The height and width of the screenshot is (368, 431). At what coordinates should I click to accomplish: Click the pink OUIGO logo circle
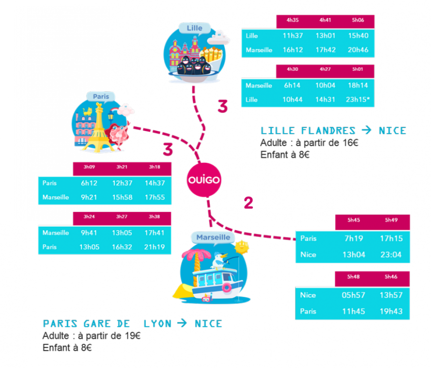(x=204, y=180)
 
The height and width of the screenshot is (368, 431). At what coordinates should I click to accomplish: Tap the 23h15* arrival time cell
(x=358, y=100)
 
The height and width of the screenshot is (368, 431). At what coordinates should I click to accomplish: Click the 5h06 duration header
(x=358, y=21)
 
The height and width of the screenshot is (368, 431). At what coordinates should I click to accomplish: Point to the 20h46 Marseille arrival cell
(x=358, y=50)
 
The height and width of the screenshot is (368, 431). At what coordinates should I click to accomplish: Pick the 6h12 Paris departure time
(x=89, y=183)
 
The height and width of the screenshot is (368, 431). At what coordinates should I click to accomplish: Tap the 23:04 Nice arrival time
(x=391, y=255)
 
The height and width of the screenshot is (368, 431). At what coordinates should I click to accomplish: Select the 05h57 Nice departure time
(x=353, y=295)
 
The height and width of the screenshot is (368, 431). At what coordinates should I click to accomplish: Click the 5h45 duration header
(x=353, y=220)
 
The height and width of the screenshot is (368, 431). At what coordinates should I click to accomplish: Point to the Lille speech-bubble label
(x=194, y=28)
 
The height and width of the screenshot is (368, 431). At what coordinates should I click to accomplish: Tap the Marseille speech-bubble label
(x=213, y=237)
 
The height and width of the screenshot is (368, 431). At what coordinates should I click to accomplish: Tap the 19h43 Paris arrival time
(x=391, y=311)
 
